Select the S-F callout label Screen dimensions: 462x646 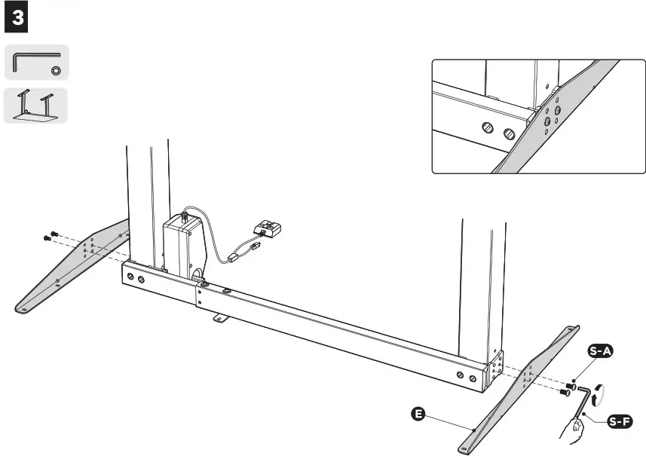tap(618, 421)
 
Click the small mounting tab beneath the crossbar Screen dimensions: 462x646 tap(220, 319)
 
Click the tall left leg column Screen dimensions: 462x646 tap(147, 203)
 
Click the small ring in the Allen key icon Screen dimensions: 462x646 tap(56, 70)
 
